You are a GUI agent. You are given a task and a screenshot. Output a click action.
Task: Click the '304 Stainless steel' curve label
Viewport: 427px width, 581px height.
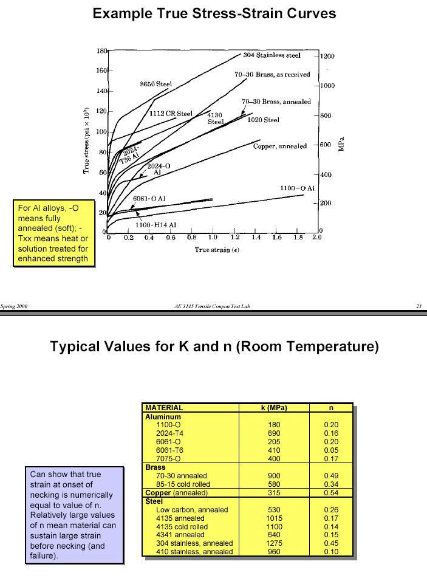[272, 55]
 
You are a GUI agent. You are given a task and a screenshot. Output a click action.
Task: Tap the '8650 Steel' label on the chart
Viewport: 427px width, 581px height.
[156, 84]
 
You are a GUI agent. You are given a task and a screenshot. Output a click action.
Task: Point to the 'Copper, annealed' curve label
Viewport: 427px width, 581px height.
[280, 146]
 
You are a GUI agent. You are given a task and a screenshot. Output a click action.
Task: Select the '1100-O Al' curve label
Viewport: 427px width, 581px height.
[297, 188]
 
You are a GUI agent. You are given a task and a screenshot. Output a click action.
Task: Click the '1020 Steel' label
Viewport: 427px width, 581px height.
[263, 120]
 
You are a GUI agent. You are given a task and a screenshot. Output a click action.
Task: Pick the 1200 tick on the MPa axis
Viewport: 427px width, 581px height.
[327, 57]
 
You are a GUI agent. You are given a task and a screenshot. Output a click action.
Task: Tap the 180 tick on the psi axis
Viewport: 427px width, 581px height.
[101, 50]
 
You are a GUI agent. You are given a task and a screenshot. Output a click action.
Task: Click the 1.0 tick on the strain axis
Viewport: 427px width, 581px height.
[213, 237]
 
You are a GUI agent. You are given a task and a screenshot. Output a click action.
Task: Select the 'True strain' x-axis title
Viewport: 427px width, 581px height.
[213, 250]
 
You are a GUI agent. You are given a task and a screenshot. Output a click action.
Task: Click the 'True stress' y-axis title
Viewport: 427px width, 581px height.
[87, 140]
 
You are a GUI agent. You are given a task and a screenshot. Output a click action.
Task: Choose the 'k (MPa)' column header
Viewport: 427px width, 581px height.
[274, 408]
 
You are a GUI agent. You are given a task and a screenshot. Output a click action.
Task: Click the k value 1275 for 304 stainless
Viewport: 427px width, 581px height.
[274, 543]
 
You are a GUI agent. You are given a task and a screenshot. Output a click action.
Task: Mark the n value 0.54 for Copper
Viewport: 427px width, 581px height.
[331, 493]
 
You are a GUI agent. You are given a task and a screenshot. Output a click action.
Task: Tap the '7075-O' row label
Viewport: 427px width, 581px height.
[169, 459]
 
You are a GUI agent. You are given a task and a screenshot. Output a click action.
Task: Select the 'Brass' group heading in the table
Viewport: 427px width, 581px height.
[155, 467]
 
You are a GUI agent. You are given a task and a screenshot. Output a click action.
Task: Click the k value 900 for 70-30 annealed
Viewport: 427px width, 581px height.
[274, 476]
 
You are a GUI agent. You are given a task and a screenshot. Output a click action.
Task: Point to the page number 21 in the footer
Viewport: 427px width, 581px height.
[418, 306]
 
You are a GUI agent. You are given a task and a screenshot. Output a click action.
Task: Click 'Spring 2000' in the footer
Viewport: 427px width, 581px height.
[14, 306]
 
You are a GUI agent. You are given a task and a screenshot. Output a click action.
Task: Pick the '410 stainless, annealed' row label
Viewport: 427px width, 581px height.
[194, 552]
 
